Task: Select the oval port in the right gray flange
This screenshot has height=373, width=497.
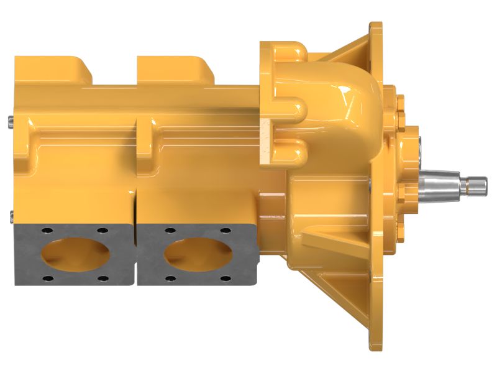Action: (197, 255)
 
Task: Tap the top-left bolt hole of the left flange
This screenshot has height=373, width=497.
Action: (45, 231)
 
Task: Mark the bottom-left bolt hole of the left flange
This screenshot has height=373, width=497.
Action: (45, 277)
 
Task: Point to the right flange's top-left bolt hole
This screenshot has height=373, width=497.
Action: (168, 231)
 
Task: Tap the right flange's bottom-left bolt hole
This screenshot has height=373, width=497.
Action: (168, 277)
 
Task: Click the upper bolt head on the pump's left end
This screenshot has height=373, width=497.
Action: (12, 122)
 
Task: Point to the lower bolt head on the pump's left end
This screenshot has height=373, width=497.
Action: (12, 217)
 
